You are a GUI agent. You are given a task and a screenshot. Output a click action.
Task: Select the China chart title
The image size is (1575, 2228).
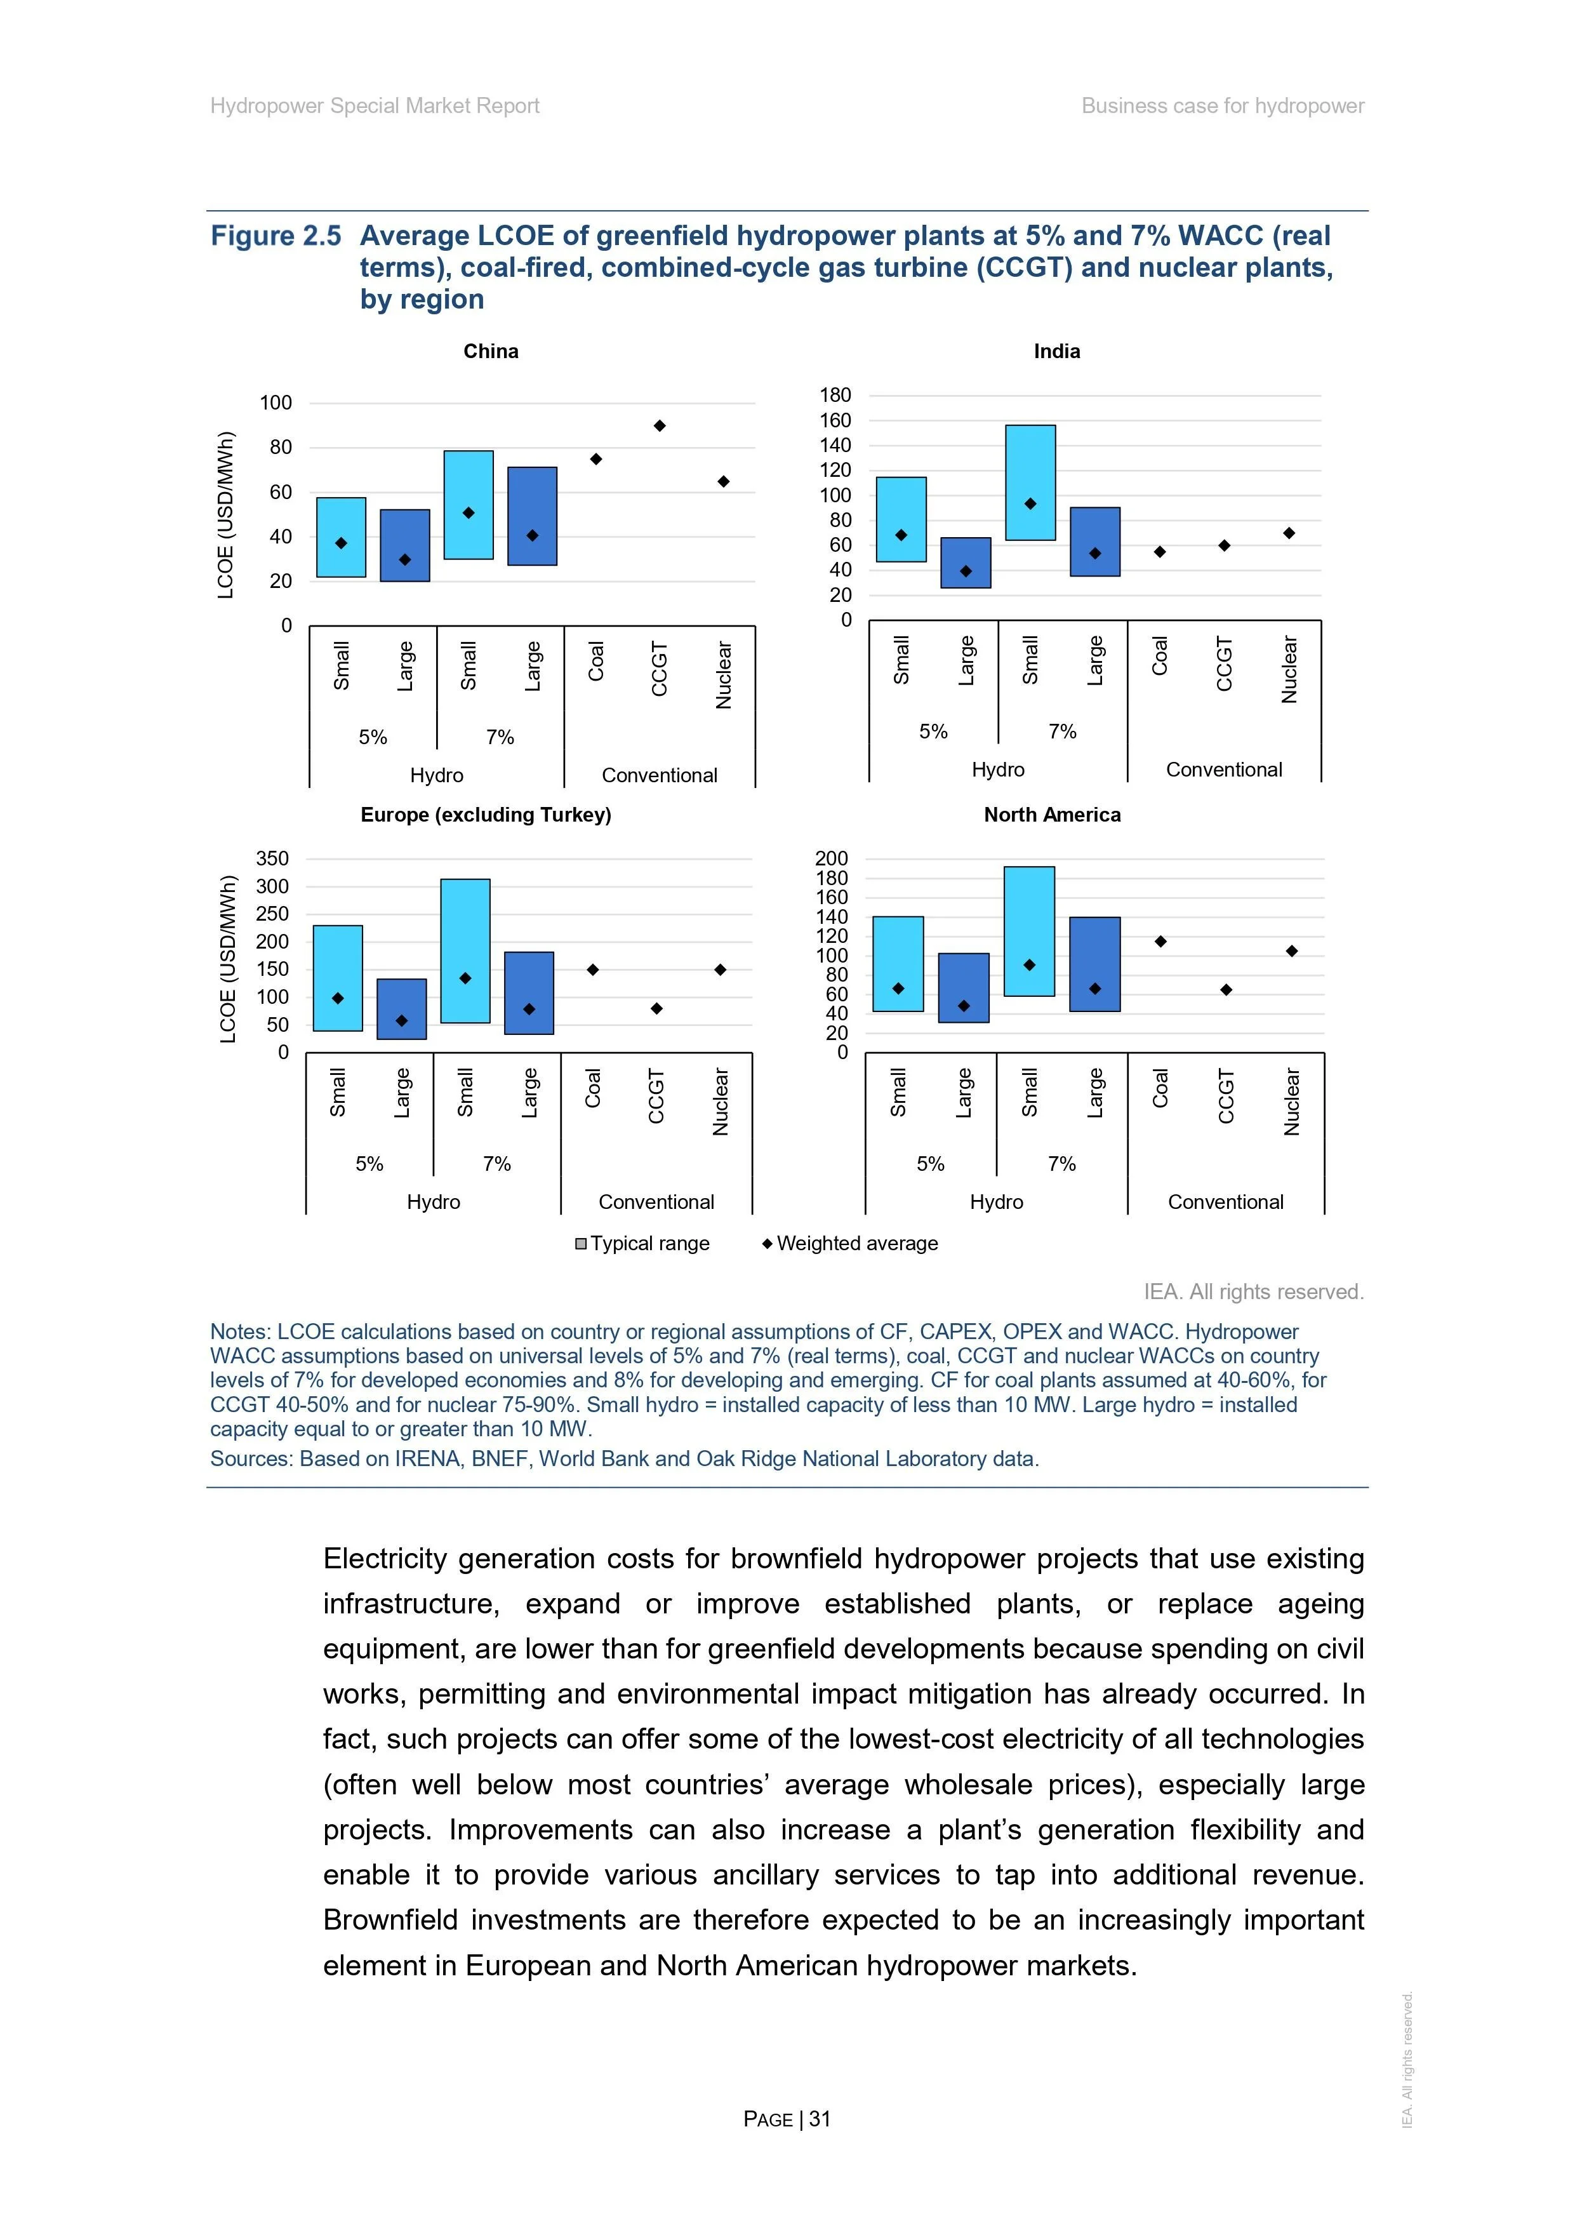[491, 351]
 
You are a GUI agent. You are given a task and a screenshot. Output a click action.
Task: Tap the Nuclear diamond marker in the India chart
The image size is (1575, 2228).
[1289, 533]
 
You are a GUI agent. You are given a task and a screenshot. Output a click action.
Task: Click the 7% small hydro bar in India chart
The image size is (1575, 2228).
[1030, 483]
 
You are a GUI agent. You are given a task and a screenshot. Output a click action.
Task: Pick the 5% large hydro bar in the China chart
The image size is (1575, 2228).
[404, 545]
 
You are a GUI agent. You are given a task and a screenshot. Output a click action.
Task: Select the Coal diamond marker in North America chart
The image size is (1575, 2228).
[1160, 941]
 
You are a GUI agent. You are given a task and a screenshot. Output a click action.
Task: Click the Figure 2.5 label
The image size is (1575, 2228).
[277, 236]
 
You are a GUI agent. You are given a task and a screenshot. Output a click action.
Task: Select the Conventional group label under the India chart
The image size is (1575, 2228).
[1224, 770]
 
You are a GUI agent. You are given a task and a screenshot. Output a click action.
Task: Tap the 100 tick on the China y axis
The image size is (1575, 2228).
[276, 403]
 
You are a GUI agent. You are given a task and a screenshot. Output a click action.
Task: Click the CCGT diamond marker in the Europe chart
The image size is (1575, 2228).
[657, 1009]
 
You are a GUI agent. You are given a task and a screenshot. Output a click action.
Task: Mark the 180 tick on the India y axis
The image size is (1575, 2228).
[835, 395]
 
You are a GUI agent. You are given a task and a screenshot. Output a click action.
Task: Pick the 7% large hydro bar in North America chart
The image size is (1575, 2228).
[1094, 964]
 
